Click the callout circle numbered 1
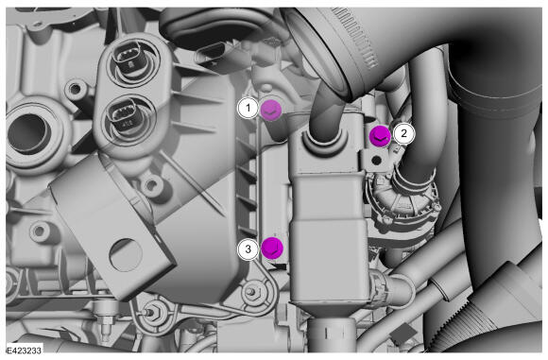248,108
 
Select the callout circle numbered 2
403,133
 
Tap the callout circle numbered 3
248,249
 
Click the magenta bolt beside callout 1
271,111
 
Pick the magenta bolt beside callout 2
380,137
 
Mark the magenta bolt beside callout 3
272,249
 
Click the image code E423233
25,350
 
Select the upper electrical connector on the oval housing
128,58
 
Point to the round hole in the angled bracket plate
126,255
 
